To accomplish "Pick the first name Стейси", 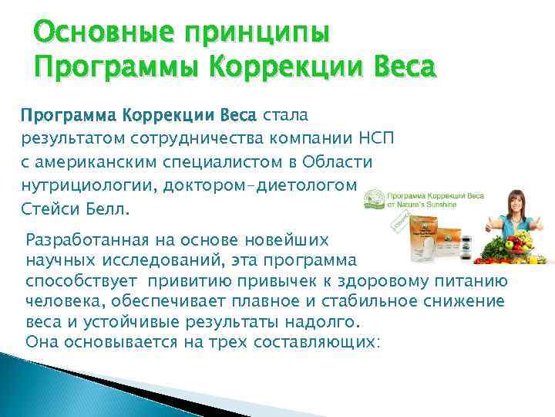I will pyautogui.click(x=45, y=209).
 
